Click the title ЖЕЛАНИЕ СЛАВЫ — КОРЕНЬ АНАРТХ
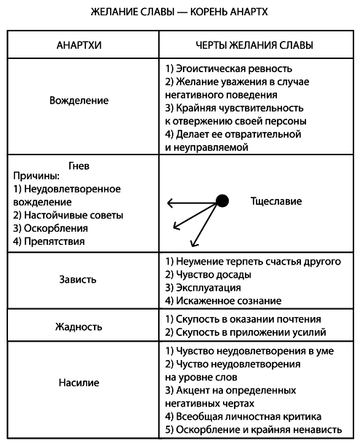[x=180, y=12]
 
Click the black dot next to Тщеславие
[x=223, y=200]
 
